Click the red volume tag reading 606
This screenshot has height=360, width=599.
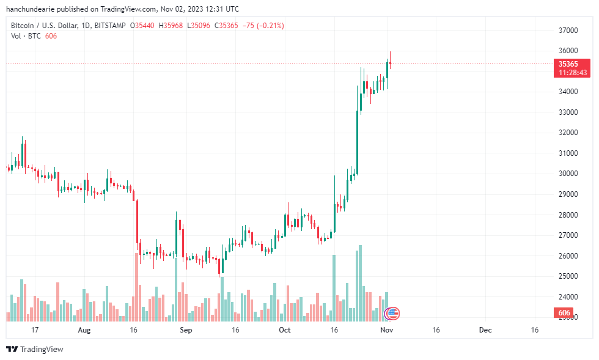pyautogui.click(x=565, y=313)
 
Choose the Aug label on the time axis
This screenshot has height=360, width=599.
pyautogui.click(x=84, y=330)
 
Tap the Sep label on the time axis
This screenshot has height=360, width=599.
pyautogui.click(x=186, y=330)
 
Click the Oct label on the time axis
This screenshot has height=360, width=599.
pyautogui.click(x=285, y=330)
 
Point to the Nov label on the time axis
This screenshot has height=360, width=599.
pyautogui.click(x=386, y=330)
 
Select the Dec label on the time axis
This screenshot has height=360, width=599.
pyautogui.click(x=485, y=330)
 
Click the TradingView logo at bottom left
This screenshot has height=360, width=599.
pyautogui.click(x=35, y=349)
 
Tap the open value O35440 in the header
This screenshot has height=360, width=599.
pyautogui.click(x=143, y=26)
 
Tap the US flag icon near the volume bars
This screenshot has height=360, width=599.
pyautogui.click(x=392, y=314)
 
